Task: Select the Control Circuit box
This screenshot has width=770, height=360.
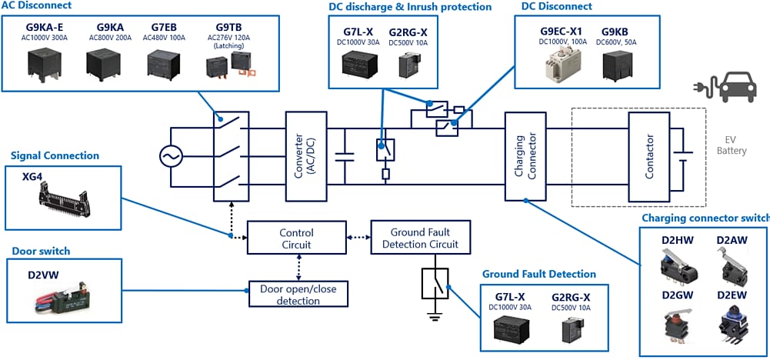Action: click(295, 238)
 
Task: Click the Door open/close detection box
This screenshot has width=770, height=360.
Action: click(298, 294)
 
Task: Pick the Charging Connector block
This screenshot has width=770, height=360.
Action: click(525, 157)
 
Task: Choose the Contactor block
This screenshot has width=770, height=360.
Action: click(649, 157)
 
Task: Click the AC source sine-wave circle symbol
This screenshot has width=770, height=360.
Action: click(170, 157)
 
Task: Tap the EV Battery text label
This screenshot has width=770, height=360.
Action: click(731, 145)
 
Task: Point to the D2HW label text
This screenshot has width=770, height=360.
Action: click(677, 240)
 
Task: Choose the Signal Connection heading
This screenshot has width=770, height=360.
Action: click(55, 156)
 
